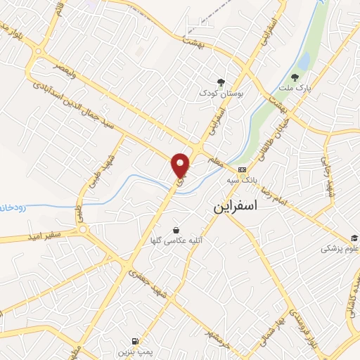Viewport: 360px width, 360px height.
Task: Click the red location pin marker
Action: [x=181, y=164]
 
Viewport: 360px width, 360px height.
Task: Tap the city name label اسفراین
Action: [x=235, y=207]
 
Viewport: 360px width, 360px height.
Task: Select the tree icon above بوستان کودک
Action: [x=221, y=82]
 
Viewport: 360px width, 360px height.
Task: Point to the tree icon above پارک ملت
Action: [x=294, y=77]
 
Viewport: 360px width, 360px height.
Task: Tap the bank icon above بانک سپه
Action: [x=242, y=169]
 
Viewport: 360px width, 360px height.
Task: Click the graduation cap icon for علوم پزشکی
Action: [x=355, y=238]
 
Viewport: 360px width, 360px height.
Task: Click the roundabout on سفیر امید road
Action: [x=83, y=230]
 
